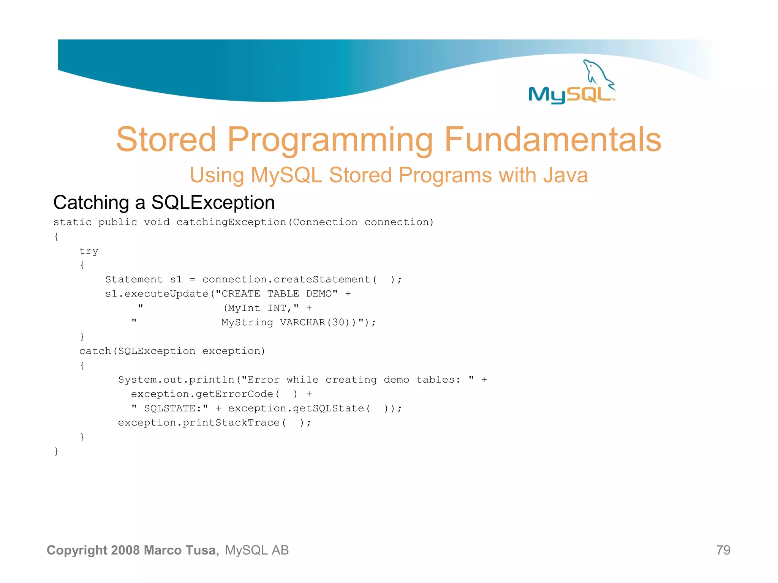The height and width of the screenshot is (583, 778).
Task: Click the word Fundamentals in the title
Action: click(x=553, y=140)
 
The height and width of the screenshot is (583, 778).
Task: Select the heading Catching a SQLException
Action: click(x=164, y=202)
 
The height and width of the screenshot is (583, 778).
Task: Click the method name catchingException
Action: click(x=231, y=222)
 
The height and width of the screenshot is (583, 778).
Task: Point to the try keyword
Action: click(x=89, y=251)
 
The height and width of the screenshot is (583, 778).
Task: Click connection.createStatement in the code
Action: click(x=286, y=280)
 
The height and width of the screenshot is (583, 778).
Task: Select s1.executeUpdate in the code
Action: click(x=157, y=294)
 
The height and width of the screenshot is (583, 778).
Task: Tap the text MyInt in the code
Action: click(x=244, y=308)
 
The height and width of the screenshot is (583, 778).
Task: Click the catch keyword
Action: click(x=95, y=351)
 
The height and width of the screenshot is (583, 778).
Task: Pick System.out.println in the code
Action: click(x=176, y=380)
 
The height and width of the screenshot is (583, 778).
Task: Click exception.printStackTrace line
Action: click(x=214, y=423)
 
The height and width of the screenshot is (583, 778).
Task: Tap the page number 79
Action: click(x=723, y=550)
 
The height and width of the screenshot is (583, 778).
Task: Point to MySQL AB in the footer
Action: click(x=257, y=550)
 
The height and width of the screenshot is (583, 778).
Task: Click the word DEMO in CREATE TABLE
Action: click(x=321, y=294)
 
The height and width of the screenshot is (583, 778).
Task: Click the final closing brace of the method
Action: click(x=56, y=451)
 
